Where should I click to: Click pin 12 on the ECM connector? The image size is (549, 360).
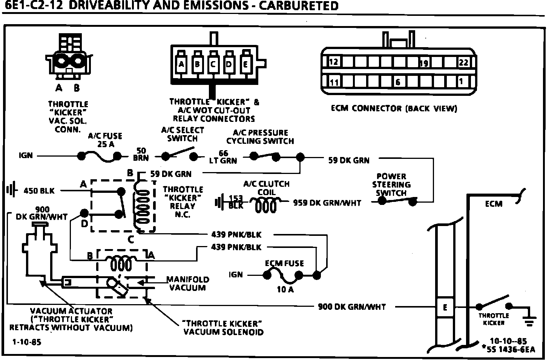[x=333, y=62]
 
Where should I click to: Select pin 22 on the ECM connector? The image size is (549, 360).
[x=463, y=62]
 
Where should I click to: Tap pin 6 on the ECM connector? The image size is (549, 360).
[x=398, y=82]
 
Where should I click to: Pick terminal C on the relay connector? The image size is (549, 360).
[x=213, y=64]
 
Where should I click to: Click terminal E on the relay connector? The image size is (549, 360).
[x=245, y=64]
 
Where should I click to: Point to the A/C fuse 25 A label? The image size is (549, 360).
[x=105, y=140]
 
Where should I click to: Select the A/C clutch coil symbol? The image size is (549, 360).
[x=266, y=206]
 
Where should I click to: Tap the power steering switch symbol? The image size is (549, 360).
[x=398, y=200]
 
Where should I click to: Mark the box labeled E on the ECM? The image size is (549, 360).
[x=445, y=307]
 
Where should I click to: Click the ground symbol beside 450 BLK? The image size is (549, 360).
[x=11, y=190]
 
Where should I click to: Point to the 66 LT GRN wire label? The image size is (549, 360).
[x=223, y=157]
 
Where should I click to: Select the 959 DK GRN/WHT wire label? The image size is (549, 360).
[x=327, y=203]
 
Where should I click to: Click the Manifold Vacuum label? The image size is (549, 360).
[x=187, y=283]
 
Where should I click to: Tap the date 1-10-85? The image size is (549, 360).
[x=27, y=342]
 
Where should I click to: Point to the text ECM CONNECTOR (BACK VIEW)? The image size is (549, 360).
[x=394, y=109]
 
